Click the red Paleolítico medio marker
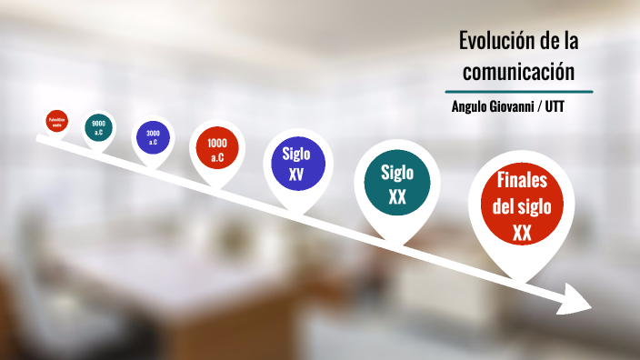[x=57, y=120]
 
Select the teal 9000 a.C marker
[x=98, y=128]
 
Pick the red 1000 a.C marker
[x=217, y=150]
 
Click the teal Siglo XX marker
[x=397, y=183]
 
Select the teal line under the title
[x=519, y=92]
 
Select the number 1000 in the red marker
[x=217, y=144]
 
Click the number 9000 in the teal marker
[x=98, y=124]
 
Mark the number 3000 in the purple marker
[x=152, y=133]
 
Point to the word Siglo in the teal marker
[x=397, y=172]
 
